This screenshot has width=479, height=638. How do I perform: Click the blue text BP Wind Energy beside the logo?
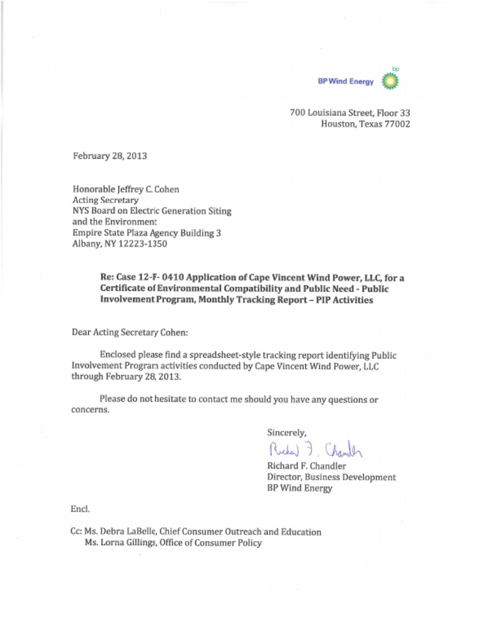pos(346,81)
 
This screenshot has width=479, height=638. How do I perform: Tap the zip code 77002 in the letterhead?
pos(397,124)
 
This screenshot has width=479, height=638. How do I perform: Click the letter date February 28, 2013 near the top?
pos(110,156)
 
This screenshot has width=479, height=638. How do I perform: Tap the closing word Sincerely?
pos(287,432)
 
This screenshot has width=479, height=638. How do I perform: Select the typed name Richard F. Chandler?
pos(306,466)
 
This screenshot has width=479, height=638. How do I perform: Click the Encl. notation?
pos(82,510)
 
